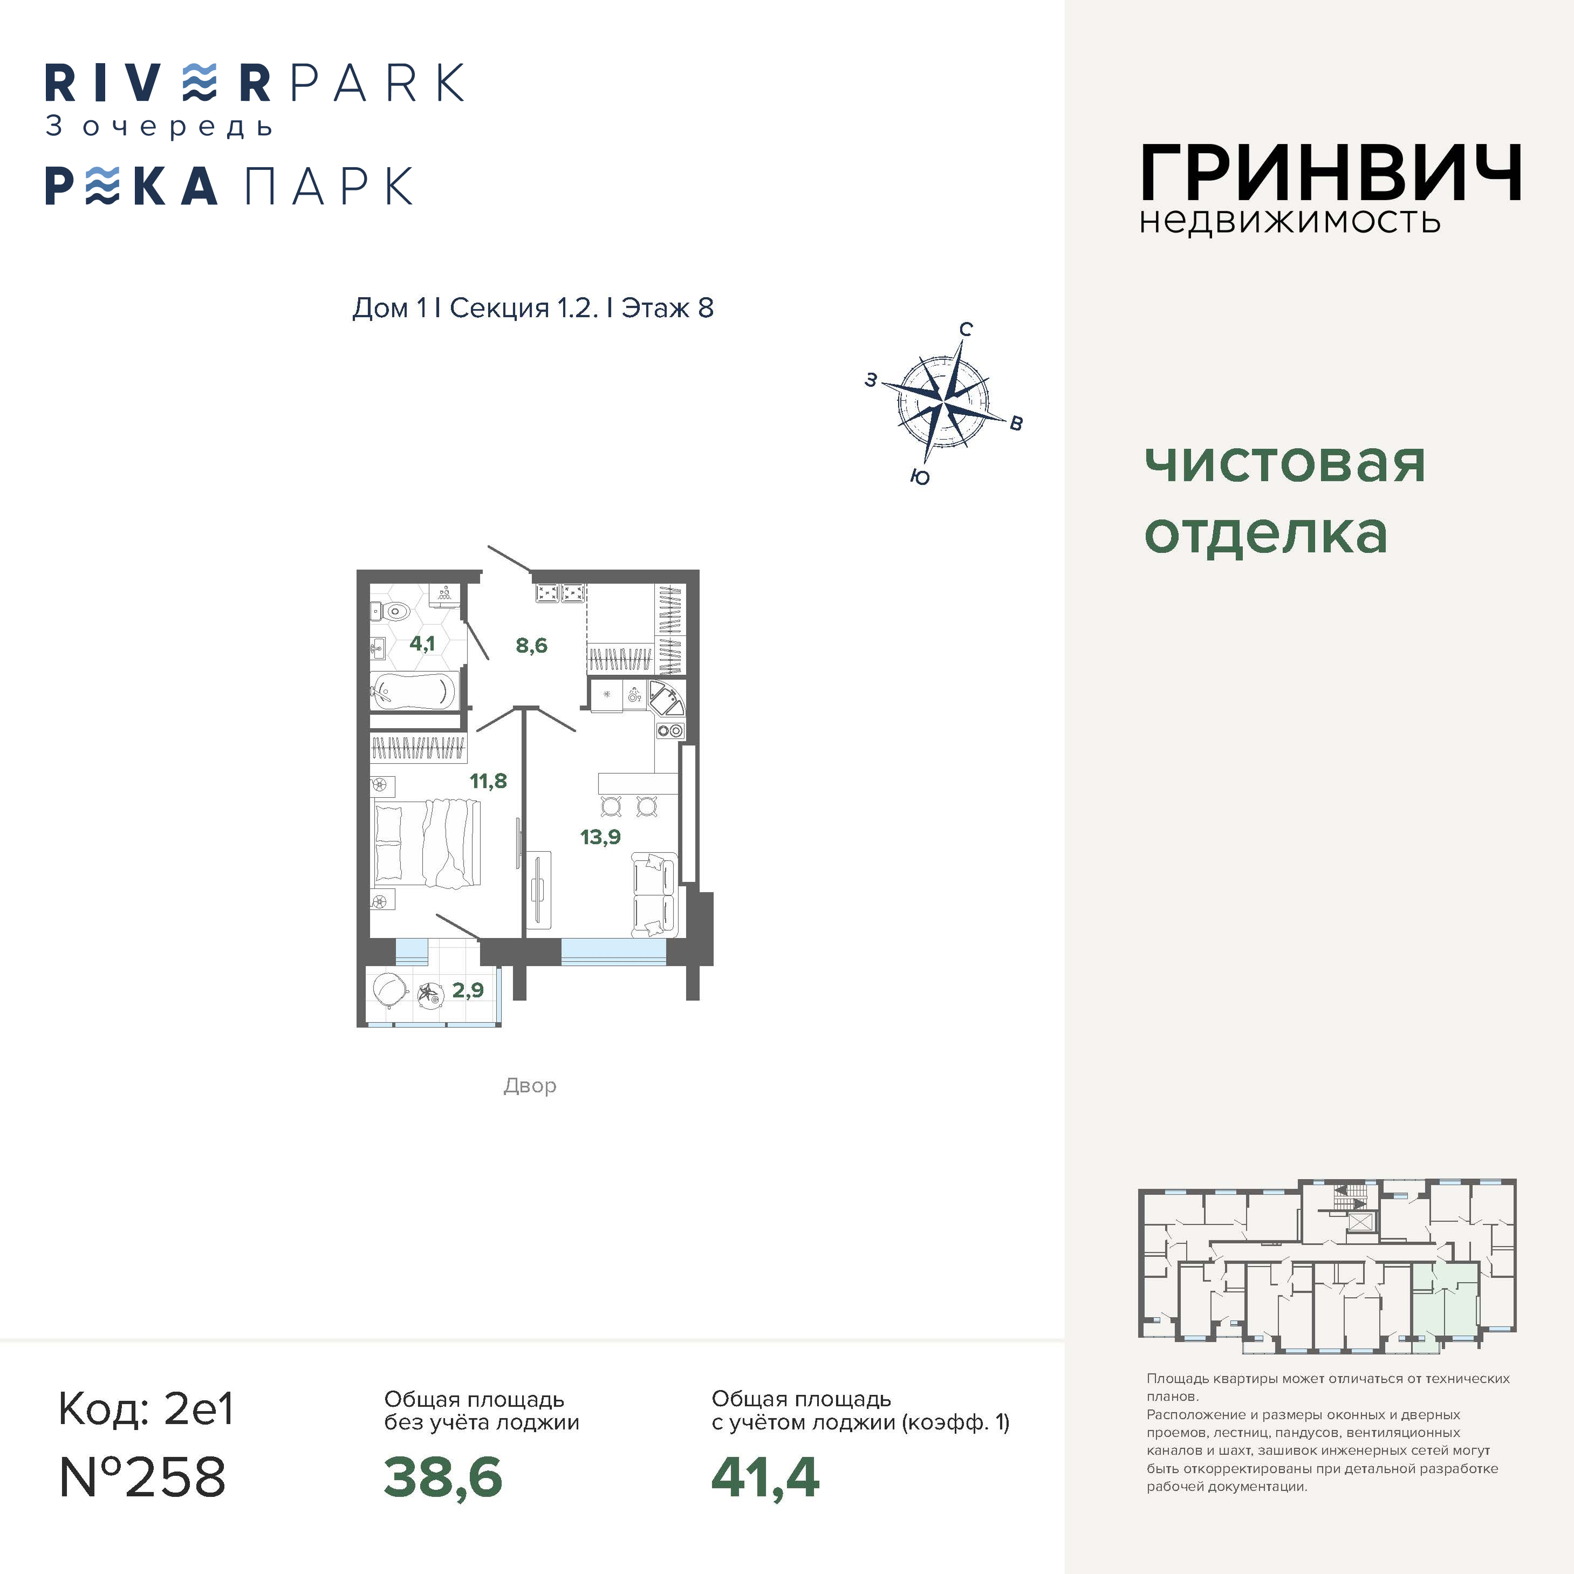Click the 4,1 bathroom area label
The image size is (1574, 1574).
point(422,644)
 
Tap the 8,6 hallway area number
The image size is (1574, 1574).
point(531,646)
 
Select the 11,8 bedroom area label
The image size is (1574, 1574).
point(488,781)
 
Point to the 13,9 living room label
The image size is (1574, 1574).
point(600,837)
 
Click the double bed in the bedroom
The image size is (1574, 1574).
point(427,843)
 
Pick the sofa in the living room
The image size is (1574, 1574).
point(653,894)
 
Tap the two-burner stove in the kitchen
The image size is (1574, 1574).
point(670,731)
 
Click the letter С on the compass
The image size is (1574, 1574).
point(966,329)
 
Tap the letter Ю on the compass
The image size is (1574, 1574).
point(920,477)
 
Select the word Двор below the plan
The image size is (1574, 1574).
point(530,1086)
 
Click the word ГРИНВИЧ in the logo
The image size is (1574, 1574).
point(1330,172)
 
